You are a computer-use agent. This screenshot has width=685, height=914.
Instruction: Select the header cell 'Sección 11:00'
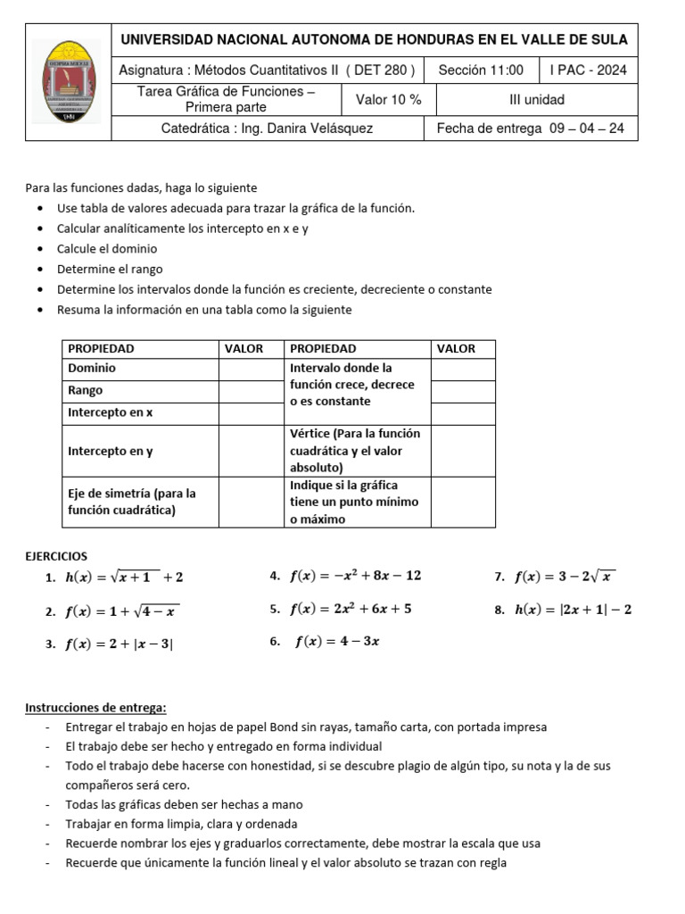[481, 70]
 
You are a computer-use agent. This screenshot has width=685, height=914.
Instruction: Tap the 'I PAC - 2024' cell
[588, 70]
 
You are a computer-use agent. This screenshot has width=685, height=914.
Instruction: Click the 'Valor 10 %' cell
[388, 100]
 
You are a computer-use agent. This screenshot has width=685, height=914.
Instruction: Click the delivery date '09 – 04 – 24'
[587, 129]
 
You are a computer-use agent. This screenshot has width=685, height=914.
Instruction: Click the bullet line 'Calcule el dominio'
[106, 249]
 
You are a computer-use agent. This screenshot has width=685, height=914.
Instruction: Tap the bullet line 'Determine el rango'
[110, 269]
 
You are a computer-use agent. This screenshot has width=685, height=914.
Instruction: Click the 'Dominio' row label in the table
[92, 368]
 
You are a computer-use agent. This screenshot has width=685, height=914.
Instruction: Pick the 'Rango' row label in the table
[86, 390]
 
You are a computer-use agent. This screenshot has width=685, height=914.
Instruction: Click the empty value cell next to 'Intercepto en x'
[251, 412]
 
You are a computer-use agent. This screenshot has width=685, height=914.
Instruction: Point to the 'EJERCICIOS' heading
[56, 556]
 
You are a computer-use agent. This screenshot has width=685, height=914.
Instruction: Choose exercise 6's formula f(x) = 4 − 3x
[337, 642]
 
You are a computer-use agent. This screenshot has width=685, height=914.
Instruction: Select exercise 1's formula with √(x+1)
[124, 577]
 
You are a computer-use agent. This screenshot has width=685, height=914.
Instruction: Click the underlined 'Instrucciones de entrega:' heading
[95, 708]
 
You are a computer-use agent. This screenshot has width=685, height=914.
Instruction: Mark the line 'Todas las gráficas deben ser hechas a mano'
[184, 804]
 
